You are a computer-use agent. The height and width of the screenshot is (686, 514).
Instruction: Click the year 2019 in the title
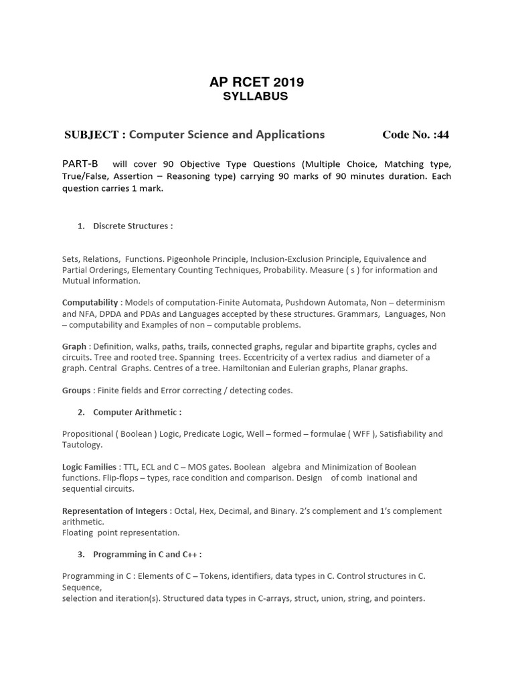(x=288, y=82)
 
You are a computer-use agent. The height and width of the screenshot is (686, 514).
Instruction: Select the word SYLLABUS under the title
(x=255, y=96)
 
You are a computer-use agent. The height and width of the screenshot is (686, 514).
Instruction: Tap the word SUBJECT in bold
(x=91, y=135)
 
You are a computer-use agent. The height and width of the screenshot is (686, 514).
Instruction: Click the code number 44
(x=442, y=135)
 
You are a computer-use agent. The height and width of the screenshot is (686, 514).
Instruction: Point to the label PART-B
(x=80, y=163)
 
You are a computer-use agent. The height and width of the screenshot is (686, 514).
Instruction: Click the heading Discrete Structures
(x=133, y=226)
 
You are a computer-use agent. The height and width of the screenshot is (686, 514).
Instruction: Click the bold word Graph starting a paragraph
(x=74, y=346)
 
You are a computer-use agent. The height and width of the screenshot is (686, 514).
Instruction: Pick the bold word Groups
(x=76, y=390)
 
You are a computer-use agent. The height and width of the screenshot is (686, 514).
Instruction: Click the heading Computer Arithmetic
(x=137, y=411)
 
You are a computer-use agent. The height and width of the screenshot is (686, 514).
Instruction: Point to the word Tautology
(x=82, y=444)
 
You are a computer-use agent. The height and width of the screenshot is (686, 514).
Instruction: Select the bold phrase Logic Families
(x=91, y=466)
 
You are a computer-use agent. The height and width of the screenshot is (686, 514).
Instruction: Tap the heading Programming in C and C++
(x=147, y=554)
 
